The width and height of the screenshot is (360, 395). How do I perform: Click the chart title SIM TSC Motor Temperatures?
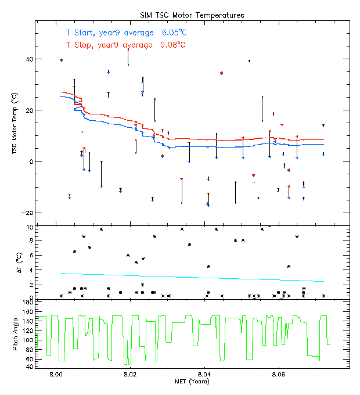[x=192, y=15]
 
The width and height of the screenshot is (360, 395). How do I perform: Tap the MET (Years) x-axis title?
[x=192, y=382]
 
